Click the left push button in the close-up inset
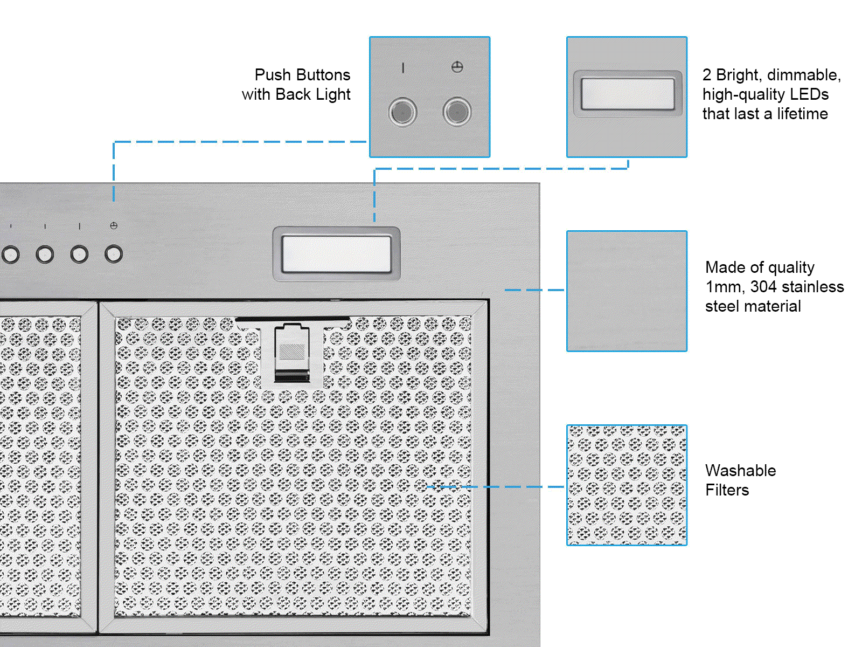pyautogui.click(x=402, y=112)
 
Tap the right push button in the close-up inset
pyautogui.click(x=457, y=112)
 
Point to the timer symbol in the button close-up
pyautogui.click(x=457, y=67)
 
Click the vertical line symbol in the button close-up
pyautogui.click(x=403, y=68)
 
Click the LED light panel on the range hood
pyautogui.click(x=336, y=254)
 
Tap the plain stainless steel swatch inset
pyautogui.click(x=627, y=291)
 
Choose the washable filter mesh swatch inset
pyautogui.click(x=627, y=485)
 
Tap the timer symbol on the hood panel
pyautogui.click(x=114, y=226)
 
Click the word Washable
pyautogui.click(x=740, y=471)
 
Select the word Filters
pyautogui.click(x=727, y=490)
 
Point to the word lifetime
pyautogui.click(x=802, y=114)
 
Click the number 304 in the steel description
pyautogui.click(x=763, y=287)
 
